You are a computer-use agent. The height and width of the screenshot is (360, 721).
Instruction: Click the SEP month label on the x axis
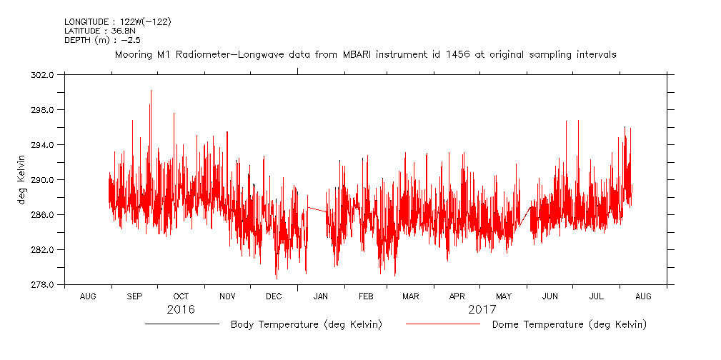click(x=134, y=296)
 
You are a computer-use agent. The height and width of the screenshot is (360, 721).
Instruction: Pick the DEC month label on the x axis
click(x=274, y=296)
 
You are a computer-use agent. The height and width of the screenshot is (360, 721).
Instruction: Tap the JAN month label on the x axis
click(x=321, y=296)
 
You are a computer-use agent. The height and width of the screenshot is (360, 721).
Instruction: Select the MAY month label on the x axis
click(x=504, y=296)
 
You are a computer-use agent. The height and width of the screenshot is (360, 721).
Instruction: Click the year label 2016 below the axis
click(x=181, y=310)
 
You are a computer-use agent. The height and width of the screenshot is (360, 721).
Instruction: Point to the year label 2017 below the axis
click(x=482, y=310)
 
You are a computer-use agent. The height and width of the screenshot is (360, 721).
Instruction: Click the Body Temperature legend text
click(x=306, y=325)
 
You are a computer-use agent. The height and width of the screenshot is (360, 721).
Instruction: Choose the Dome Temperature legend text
click(x=569, y=325)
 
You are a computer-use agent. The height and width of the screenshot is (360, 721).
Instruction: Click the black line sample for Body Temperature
click(x=182, y=324)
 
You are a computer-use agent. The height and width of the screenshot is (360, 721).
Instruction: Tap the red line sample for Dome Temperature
click(x=443, y=324)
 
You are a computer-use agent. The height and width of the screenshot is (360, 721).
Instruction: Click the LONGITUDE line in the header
click(x=117, y=21)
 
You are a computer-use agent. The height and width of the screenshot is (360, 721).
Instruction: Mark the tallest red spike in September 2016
click(x=151, y=91)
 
